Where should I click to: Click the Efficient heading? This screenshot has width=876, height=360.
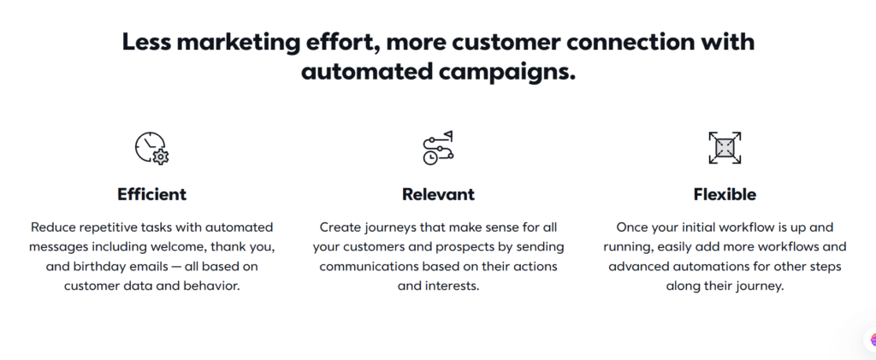[x=152, y=194]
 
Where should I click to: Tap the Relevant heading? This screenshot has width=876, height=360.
[x=438, y=194]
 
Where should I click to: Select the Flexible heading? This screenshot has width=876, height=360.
[x=725, y=194]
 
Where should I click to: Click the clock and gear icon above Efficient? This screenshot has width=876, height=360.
[x=152, y=148]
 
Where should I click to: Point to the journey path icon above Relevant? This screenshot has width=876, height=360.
[x=438, y=148]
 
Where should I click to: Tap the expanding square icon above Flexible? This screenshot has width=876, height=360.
[x=725, y=148]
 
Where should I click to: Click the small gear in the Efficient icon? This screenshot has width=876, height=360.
[x=161, y=156]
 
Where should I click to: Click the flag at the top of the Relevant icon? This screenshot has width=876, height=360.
[x=448, y=136]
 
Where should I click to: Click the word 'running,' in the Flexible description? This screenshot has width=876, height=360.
[x=628, y=247]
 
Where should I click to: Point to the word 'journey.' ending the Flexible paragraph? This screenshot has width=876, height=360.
[x=762, y=286]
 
